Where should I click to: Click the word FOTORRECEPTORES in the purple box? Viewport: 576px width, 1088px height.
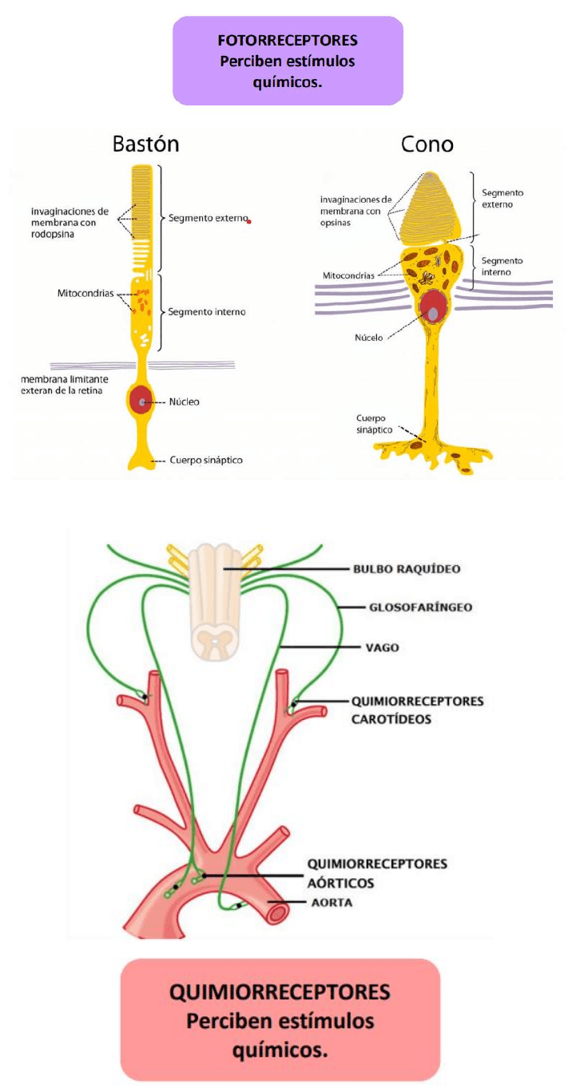288,40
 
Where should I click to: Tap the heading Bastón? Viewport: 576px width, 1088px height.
145,144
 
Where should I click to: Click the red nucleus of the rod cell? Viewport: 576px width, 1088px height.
142,400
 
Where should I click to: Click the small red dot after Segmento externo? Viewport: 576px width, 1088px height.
249,220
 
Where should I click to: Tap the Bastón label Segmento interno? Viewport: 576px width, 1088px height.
206,311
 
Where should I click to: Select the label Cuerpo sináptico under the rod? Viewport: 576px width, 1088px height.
206,461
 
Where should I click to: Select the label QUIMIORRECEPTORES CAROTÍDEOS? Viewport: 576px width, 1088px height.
418,710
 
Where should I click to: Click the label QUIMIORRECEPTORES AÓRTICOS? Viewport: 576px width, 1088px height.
377,873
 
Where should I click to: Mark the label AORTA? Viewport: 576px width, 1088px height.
332,903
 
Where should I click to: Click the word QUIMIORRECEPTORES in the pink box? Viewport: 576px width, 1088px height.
280,992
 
